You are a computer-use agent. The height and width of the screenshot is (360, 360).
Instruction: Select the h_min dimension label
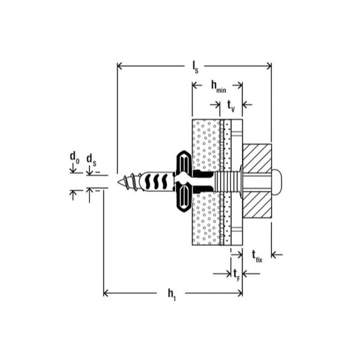pyautogui.click(x=217, y=87)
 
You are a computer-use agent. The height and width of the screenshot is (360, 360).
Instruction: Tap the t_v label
pyautogui.click(x=231, y=106)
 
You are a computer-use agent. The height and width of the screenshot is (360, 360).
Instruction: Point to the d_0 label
pyautogui.click(x=74, y=158)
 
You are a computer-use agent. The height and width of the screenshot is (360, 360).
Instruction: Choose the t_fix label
pyautogui.click(x=257, y=256)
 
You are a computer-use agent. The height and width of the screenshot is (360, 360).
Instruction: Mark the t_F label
pyautogui.click(x=238, y=275)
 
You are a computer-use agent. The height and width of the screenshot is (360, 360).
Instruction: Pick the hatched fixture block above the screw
pyautogui.click(x=257, y=157)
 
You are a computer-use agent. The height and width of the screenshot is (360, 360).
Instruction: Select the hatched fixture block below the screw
pyautogui.click(x=257, y=205)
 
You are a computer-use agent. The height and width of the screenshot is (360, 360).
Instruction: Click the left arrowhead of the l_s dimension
pyautogui.click(x=119, y=65)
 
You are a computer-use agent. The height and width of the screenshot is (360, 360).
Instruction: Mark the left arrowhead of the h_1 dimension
pyautogui.click(x=107, y=293)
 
